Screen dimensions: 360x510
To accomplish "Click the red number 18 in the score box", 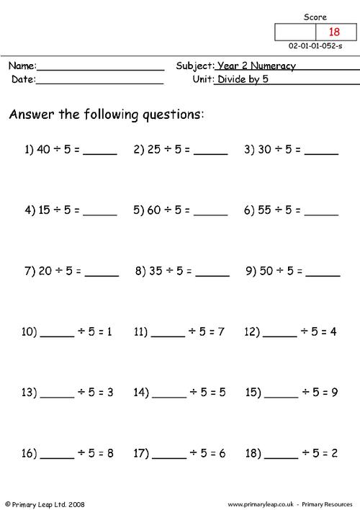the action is pyautogui.click(x=333, y=32).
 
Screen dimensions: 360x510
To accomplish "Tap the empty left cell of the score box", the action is pyautogui.click(x=292, y=32).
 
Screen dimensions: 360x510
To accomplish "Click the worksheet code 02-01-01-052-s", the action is pyautogui.click(x=316, y=45).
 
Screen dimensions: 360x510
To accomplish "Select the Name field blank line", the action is pyautogui.click(x=100, y=68).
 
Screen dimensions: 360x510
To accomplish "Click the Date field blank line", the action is pyautogui.click(x=99, y=82).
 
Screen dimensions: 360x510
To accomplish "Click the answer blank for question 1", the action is pyautogui.click(x=100, y=153).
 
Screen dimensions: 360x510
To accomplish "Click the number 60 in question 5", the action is pyautogui.click(x=156, y=210).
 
